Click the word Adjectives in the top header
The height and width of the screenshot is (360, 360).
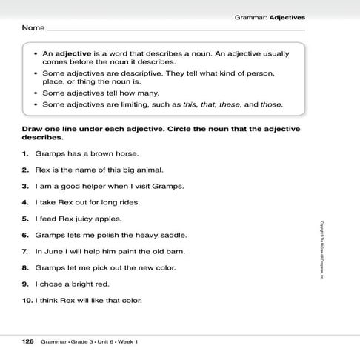coord(287,16)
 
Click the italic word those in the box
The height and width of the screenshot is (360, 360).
coord(270,104)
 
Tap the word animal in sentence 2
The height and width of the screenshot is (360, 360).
coord(139,170)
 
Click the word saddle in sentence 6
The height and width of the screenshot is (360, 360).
coord(173,235)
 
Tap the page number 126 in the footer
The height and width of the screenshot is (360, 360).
coord(28,341)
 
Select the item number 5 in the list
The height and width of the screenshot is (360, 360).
coord(25,219)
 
